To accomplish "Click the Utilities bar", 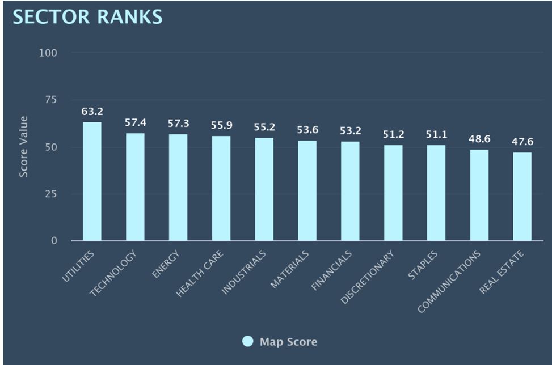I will (92, 181).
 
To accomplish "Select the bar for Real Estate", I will (522, 196).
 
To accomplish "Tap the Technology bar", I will (135, 187).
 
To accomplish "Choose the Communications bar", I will (479, 195).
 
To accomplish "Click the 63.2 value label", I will (92, 112).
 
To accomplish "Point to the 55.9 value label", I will (221, 125).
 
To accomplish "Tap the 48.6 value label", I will (479, 139).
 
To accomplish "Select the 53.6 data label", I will (307, 130).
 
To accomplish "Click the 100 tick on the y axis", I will (48, 53).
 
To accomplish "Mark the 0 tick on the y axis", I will (54, 241).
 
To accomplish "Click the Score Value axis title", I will (23, 147).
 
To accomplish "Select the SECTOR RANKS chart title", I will (87, 17).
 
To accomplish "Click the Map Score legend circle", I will (247, 341).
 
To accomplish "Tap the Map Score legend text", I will (288, 342).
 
